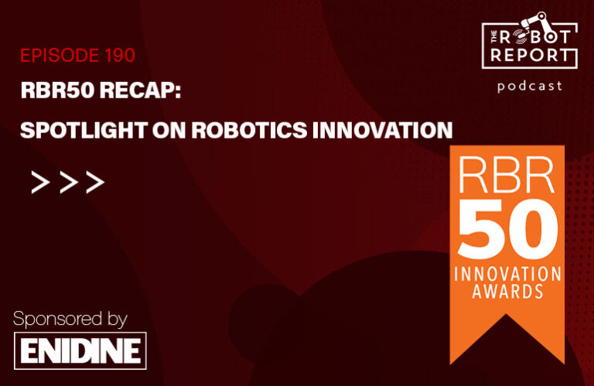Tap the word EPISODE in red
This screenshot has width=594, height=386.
[57, 56]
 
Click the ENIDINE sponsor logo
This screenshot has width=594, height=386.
[80, 350]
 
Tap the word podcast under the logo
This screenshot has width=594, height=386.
[530, 86]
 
